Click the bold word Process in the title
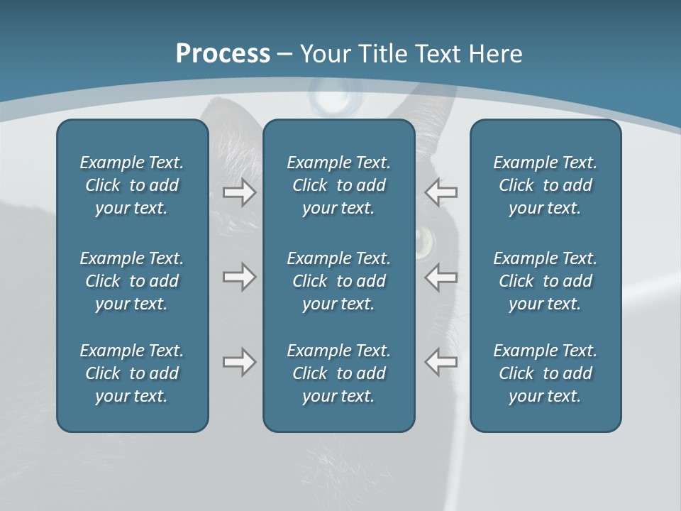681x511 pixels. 223,54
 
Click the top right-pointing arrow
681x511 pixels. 239,192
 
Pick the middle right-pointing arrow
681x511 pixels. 239,277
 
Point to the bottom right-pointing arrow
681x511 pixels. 239,362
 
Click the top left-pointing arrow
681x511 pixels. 441,192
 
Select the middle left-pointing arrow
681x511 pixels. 441,277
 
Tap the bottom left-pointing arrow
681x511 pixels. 441,361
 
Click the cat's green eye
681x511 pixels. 424,241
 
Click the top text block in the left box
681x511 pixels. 132,185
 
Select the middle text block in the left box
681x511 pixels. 132,281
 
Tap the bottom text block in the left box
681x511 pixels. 132,373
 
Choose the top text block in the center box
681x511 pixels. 338,185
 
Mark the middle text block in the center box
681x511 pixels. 338,281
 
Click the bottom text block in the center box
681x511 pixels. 338,373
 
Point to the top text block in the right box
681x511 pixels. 545,185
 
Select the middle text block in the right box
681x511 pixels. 545,281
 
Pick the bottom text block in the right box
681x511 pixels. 545,373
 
